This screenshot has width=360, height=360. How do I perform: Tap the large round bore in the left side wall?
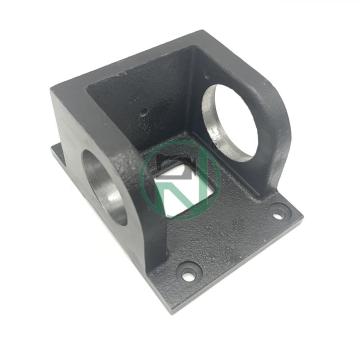point(99,186)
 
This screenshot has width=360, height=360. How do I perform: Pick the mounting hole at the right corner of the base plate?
point(277,210)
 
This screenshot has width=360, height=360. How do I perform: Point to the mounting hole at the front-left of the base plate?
point(186,270)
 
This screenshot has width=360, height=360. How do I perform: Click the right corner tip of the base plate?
point(299,212)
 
